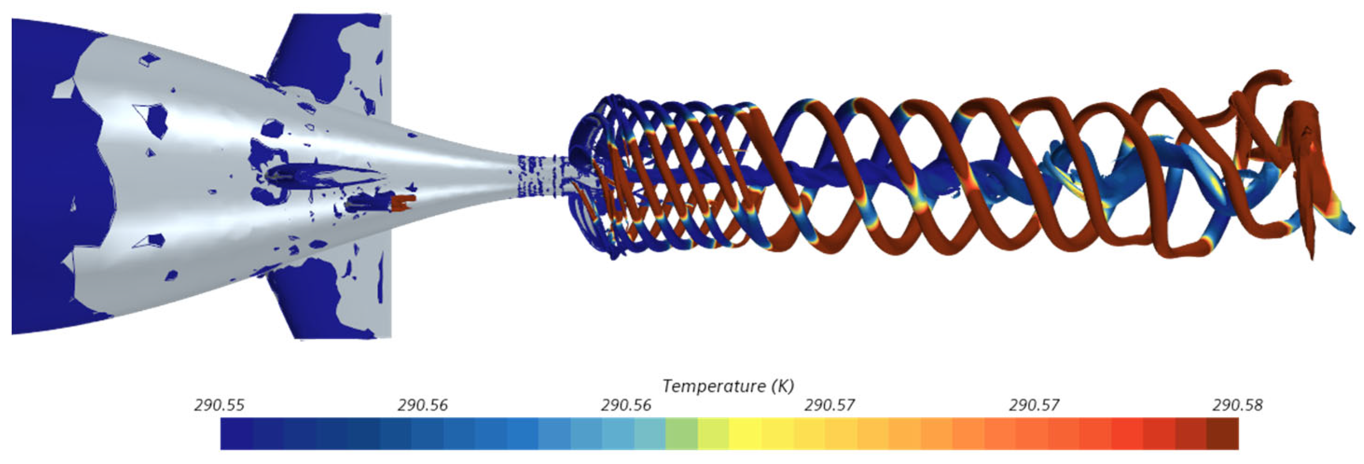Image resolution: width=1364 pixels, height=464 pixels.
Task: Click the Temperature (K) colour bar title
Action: tap(728, 386)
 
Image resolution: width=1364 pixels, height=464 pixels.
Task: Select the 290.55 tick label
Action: tap(219, 405)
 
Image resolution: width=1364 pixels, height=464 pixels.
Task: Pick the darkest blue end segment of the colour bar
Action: tap(237, 434)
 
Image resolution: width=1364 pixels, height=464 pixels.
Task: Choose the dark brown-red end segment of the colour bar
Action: tap(1223, 434)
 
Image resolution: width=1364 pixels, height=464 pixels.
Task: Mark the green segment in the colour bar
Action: tap(682, 434)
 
